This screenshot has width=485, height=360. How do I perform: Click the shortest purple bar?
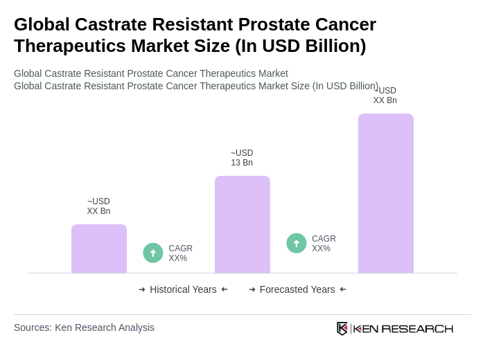click(99, 249)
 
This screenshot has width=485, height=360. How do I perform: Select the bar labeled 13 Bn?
click(242, 224)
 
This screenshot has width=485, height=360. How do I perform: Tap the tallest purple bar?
click(386, 193)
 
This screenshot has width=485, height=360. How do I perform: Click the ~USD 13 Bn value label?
click(242, 158)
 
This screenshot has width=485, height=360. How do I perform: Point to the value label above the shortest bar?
click(98, 206)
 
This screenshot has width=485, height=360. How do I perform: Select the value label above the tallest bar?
click(385, 96)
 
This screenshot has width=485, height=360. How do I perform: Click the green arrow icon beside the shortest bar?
click(153, 253)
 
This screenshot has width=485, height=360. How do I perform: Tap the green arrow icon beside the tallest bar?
click(297, 243)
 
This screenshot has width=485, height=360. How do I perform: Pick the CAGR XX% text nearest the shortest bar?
click(180, 253)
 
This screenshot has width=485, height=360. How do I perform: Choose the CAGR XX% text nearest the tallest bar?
click(324, 244)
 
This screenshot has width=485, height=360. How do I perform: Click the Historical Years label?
click(183, 289)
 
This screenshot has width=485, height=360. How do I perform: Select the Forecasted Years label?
click(297, 289)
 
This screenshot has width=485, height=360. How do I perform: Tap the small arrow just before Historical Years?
click(142, 289)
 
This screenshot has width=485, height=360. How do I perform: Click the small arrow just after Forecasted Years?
click(343, 289)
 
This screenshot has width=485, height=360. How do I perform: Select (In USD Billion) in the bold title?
click(301, 46)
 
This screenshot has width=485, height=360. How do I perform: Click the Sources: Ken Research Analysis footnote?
click(84, 327)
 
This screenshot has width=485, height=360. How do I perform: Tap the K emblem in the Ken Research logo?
click(342, 328)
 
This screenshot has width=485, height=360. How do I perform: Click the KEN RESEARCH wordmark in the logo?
click(403, 328)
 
